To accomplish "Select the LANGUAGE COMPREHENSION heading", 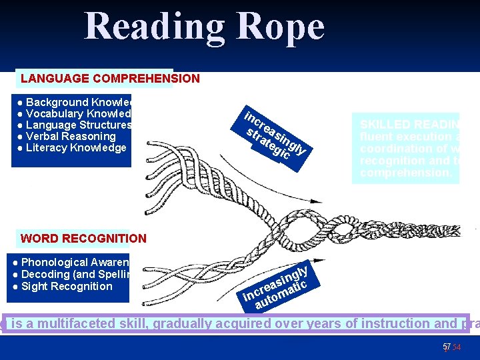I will point(110,79).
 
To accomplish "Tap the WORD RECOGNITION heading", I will point(83,238).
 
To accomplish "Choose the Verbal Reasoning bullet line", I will point(66,136).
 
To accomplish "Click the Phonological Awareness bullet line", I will point(73,263).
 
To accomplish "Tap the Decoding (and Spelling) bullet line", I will point(73,274).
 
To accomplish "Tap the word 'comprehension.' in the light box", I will point(405,173).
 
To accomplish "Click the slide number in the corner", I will point(447,347).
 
